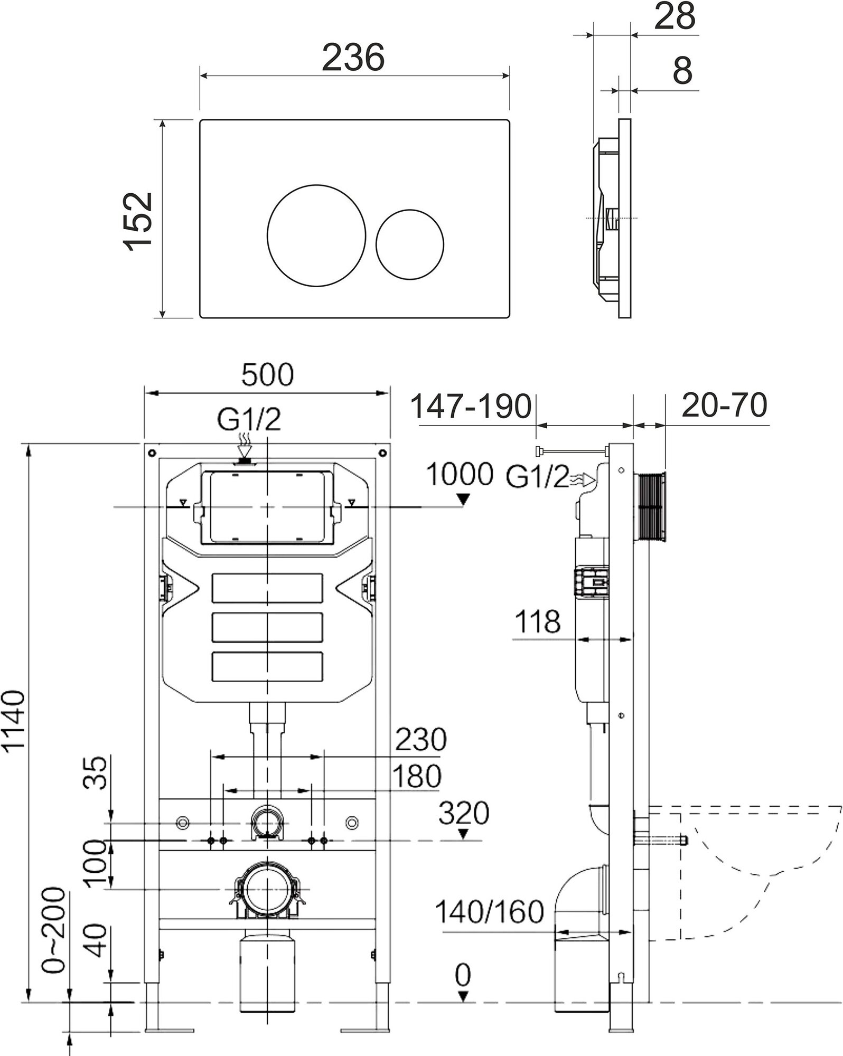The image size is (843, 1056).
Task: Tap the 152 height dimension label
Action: [138, 219]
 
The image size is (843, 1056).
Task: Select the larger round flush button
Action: [316, 235]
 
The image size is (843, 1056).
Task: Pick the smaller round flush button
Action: [410, 243]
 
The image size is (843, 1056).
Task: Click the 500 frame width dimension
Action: [267, 375]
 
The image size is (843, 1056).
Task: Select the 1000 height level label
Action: [460, 474]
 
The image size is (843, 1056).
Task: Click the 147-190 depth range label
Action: [471, 407]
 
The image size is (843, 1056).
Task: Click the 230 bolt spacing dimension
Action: [420, 740]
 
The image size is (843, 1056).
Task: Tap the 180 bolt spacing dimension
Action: [417, 777]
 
